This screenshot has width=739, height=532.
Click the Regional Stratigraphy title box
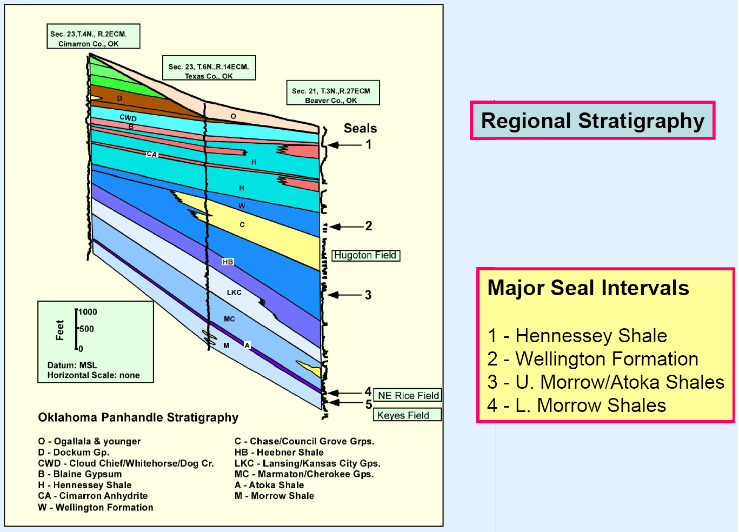[592, 121]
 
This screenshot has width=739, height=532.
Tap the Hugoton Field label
[365, 255]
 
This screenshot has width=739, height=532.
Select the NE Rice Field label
[408, 395]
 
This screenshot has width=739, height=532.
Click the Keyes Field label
[407, 415]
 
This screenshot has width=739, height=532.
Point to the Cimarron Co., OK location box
[94, 36]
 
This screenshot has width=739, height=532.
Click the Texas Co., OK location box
[209, 68]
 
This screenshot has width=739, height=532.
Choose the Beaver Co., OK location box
[333, 93]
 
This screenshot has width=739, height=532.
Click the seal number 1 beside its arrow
[369, 144]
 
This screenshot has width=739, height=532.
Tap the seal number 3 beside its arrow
[368, 295]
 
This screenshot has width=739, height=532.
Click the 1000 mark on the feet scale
[88, 312]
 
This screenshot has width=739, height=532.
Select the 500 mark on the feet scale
[87, 329]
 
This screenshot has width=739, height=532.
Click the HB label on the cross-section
[228, 262]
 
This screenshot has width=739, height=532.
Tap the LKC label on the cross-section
[234, 292]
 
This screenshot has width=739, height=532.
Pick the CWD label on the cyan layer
[128, 118]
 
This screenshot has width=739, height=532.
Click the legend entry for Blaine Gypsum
[80, 474]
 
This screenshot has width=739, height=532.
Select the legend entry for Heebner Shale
[279, 453]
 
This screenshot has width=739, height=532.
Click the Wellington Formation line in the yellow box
[593, 359]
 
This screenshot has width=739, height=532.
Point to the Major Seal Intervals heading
[588, 288]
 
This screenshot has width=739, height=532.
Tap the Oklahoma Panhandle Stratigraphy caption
[138, 418]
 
